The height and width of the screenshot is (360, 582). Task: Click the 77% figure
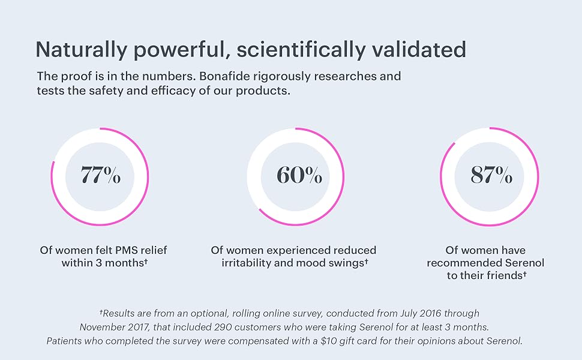tap(101, 175)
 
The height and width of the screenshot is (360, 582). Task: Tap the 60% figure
tap(299, 175)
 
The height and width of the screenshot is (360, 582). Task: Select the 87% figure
tap(491, 175)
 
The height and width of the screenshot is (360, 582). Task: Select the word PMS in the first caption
tap(115, 250)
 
